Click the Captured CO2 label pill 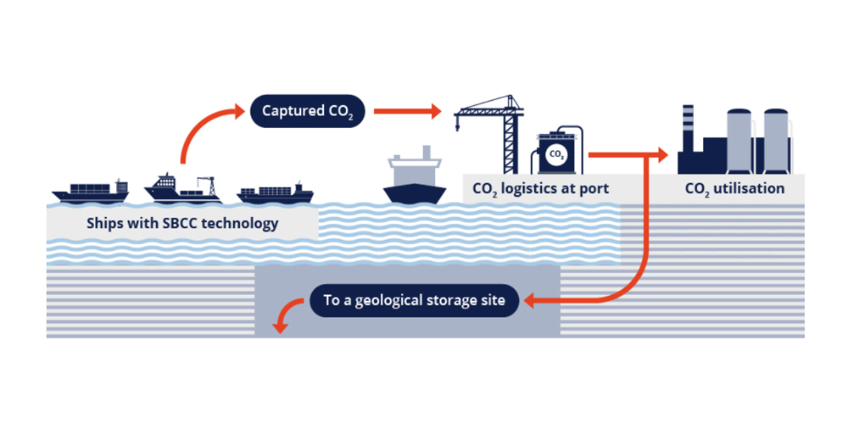coord(307,111)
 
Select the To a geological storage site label coord(414,300)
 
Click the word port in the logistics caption coord(592,188)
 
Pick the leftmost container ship coord(91,192)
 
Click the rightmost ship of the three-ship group coord(275,194)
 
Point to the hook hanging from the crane coord(457,129)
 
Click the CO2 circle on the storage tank coord(556,154)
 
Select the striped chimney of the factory coord(688,123)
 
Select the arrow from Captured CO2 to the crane coord(407,111)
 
